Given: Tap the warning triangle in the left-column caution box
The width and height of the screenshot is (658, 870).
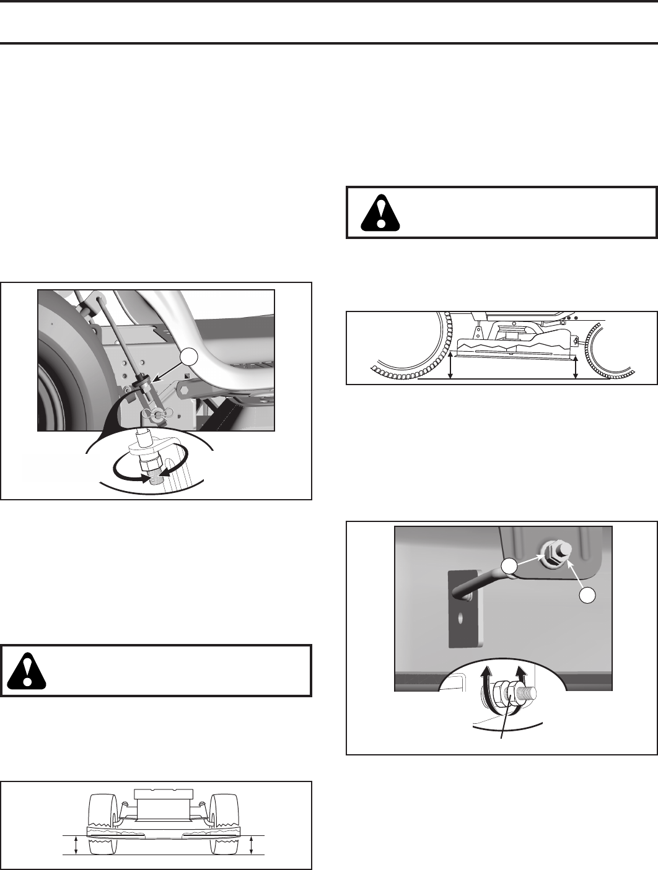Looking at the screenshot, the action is click(27, 671).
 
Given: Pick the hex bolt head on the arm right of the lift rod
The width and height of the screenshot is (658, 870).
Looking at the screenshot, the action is click(184, 390).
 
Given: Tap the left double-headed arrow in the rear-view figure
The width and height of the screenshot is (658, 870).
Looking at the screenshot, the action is click(76, 845).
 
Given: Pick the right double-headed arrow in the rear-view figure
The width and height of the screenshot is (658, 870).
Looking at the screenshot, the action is click(251, 845).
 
